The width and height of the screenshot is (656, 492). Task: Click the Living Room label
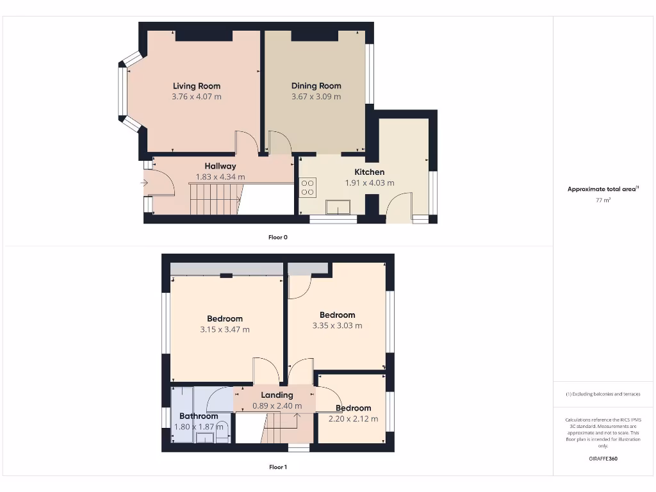(x=197, y=86)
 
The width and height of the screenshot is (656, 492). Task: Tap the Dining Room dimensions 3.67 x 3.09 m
(x=316, y=97)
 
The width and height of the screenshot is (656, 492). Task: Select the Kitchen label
(x=370, y=172)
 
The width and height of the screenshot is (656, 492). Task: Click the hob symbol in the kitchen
(x=307, y=186)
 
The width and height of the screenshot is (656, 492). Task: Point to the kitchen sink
(x=337, y=207)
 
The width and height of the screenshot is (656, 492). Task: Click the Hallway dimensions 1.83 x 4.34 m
(x=220, y=177)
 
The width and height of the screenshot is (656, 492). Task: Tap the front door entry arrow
(x=144, y=184)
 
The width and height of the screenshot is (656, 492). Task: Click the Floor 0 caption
(x=278, y=237)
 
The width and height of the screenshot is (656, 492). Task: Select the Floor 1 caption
(x=278, y=467)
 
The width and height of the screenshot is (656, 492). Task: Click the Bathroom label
(x=199, y=416)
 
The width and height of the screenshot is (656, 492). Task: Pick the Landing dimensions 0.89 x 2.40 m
(x=277, y=406)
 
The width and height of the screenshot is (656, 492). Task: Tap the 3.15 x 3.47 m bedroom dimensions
(x=225, y=329)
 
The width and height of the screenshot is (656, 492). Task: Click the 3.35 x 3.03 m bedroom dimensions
(x=337, y=325)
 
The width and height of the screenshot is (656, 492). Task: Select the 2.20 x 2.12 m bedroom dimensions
(x=353, y=419)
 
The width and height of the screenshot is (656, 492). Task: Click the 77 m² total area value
(x=603, y=201)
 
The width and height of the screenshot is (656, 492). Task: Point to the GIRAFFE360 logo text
(x=603, y=459)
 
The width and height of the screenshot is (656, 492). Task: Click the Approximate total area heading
(x=602, y=189)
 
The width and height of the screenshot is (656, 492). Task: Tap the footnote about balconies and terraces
(x=603, y=394)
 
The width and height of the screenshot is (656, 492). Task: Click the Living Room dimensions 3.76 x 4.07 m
(x=197, y=97)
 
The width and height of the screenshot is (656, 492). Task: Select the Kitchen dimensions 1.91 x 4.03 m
(x=370, y=183)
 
